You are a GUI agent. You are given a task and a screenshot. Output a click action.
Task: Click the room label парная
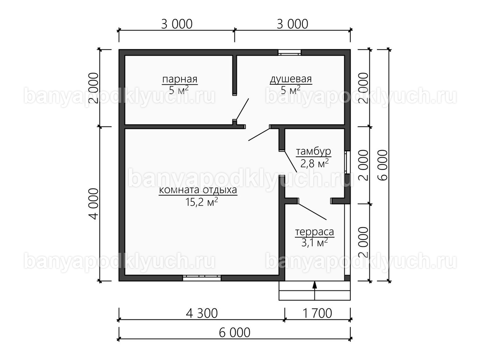(x=180, y=79)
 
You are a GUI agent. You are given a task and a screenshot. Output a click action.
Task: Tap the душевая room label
(x=291, y=80)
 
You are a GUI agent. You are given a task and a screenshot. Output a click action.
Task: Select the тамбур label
(x=313, y=152)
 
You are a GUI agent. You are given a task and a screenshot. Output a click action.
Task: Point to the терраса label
(x=314, y=232)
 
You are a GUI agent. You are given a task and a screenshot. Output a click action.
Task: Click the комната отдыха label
(x=198, y=190)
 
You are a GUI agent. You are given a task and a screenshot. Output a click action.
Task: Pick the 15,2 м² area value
(x=202, y=202)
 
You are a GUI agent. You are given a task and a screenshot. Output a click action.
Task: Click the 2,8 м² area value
(x=314, y=163)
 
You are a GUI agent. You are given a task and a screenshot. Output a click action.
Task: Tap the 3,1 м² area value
(x=314, y=242)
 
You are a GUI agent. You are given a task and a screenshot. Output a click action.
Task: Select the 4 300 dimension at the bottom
(x=202, y=313)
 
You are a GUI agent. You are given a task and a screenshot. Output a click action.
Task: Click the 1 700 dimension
(x=317, y=313)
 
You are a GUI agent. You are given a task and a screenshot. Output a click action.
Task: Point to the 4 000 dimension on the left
(x=94, y=204)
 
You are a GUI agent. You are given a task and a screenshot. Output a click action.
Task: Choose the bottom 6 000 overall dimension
(x=234, y=333)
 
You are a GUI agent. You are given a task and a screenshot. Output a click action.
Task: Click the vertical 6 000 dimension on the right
(x=382, y=165)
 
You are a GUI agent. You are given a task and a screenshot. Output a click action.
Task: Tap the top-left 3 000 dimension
(x=177, y=24)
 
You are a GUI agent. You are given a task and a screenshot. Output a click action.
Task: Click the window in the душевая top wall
(x=289, y=52)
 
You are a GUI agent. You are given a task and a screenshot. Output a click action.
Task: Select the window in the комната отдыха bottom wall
(x=202, y=278)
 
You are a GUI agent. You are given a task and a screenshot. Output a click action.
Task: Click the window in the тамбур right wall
(x=347, y=162)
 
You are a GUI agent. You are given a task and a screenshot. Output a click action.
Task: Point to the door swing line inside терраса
(x=312, y=212)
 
